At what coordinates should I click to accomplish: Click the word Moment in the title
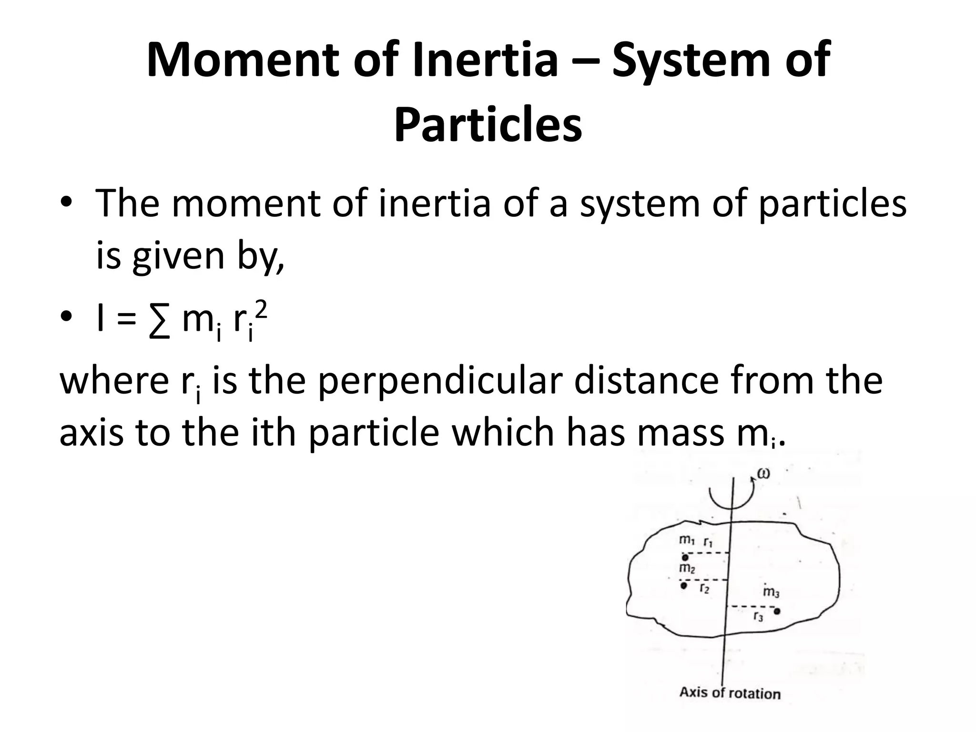[x=243, y=61]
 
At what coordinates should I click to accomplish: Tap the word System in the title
[x=691, y=61]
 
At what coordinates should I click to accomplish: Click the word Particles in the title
[x=488, y=126]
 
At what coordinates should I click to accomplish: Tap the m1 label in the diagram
[x=687, y=540]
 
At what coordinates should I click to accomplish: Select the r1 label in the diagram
[x=708, y=542]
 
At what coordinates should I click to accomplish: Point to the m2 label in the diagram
[x=687, y=568]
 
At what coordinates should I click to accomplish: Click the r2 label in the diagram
[x=704, y=589]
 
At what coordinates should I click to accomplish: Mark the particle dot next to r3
[x=777, y=611]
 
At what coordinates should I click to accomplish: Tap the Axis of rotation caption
[x=730, y=693]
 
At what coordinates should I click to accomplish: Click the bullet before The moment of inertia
[x=67, y=202]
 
